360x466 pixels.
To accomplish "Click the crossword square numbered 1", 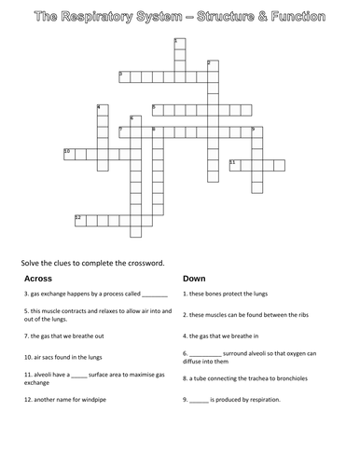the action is (x=177, y=44).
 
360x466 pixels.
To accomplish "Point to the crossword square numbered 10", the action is (x=68, y=153).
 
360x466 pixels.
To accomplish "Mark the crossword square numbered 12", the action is (x=80, y=219).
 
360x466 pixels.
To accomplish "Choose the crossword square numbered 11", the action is (x=233, y=164).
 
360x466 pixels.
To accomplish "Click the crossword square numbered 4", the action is (x=101, y=109).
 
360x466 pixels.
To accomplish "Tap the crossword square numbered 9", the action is (x=255, y=130).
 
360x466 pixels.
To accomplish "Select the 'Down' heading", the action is (x=194, y=279).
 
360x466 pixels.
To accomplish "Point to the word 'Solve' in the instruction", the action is (x=30, y=261).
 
